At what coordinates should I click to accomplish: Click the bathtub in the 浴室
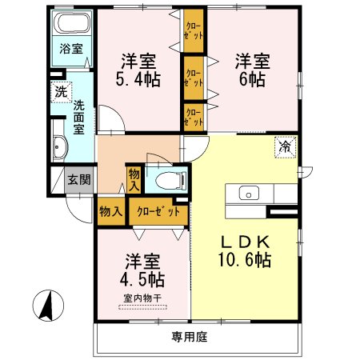coord(73,23)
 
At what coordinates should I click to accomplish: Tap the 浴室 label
coord(71,49)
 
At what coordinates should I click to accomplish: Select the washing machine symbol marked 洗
coord(61,92)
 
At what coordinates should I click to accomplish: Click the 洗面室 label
coord(79,117)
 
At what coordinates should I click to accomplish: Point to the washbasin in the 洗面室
coord(60,146)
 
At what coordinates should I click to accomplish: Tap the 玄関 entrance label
coord(79,179)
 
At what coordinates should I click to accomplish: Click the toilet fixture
coord(170,180)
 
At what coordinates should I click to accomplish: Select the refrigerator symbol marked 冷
coord(286,147)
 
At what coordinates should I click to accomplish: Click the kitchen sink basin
coord(249,193)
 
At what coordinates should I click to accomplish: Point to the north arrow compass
coord(48,306)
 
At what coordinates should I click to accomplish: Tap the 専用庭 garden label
coord(190,337)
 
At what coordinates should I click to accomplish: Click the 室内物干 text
coord(143,298)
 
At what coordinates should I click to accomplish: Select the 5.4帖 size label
coord(138,80)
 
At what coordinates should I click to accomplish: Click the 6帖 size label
coord(252,79)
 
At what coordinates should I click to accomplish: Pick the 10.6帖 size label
coord(245,260)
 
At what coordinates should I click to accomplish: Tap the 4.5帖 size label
coord(142,279)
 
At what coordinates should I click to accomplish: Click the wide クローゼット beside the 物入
coord(158,212)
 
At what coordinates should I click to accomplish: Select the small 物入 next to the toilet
coord(134,181)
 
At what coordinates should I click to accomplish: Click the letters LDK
coord(245,242)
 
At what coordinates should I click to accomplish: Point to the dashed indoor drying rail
coord(143,307)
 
